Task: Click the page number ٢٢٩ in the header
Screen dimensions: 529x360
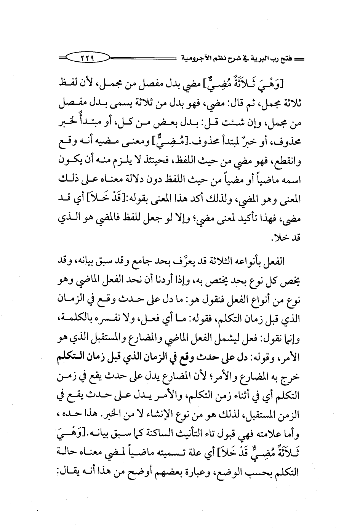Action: click(x=87, y=59)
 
